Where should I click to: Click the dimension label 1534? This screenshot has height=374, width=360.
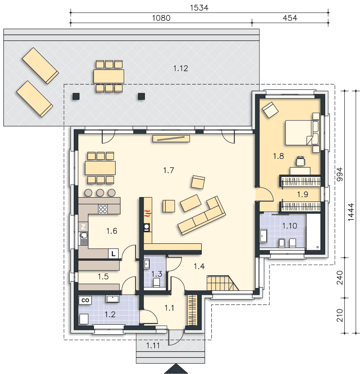click(x=199, y=8)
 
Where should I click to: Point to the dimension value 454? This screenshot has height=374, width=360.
click(x=290, y=18)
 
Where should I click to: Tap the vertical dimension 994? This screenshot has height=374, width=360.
click(x=340, y=174)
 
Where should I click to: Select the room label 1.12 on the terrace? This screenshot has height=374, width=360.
click(x=180, y=68)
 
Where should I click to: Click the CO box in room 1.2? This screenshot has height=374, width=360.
click(x=85, y=300)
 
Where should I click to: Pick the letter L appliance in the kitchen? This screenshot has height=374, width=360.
click(x=113, y=254)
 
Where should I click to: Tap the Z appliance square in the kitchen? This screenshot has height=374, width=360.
click(x=83, y=227)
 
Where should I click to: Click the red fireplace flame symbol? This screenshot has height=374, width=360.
click(x=147, y=213)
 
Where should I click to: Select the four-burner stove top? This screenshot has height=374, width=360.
click(x=103, y=209)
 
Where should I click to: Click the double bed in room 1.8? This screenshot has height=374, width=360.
click(x=302, y=133)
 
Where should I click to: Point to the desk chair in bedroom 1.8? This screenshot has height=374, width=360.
click(x=300, y=161)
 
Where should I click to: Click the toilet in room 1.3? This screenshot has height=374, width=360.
click(x=156, y=282)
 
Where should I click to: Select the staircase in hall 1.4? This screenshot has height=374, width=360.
click(x=223, y=283)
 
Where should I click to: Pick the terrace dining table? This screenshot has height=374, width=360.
click(x=109, y=76)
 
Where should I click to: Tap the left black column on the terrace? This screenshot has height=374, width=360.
click(x=76, y=96)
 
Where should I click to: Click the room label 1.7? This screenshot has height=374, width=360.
click(x=168, y=170)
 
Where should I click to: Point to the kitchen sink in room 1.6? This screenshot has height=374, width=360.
click(x=83, y=239)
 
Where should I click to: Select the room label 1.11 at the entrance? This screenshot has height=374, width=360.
click(x=153, y=345)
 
